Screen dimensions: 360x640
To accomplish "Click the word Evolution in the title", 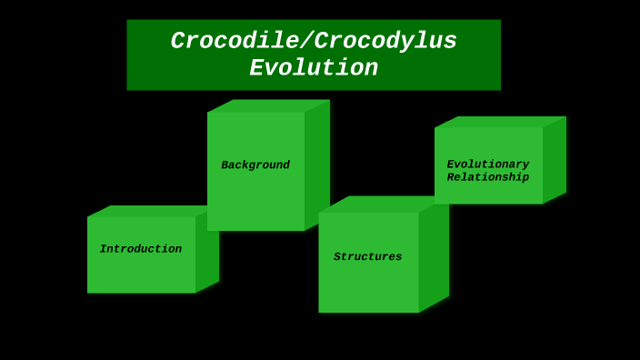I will click(x=314, y=69).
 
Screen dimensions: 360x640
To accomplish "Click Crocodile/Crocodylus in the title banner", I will click(x=314, y=42).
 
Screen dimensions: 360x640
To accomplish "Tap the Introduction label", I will click(x=141, y=249).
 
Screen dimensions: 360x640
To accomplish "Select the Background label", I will click(x=255, y=165).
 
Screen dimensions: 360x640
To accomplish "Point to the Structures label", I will click(x=367, y=257).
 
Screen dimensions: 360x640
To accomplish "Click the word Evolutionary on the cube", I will click(x=487, y=165).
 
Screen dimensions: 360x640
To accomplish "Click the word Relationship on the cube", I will click(x=487, y=177).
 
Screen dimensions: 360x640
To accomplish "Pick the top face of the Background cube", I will click(x=268, y=105).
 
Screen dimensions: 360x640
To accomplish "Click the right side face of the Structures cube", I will click(x=434, y=259).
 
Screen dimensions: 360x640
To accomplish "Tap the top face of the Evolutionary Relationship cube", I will click(x=500, y=122).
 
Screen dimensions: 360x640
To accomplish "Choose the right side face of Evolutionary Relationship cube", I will click(x=555, y=159).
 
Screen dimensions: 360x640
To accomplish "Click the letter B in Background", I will click(x=225, y=165).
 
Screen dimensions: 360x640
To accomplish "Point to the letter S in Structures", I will click(x=337, y=257).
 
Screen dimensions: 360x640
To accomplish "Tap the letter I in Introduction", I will click(x=103, y=249).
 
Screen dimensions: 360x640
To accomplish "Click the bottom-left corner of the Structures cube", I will click(x=320, y=311).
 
